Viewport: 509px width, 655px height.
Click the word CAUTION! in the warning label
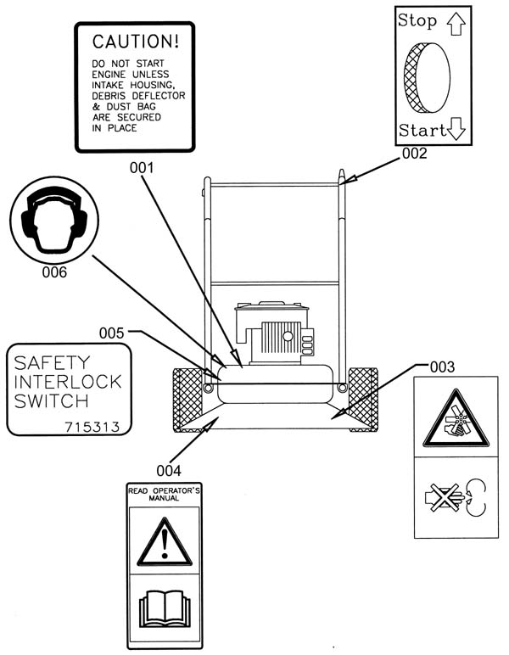pyautogui.click(x=136, y=42)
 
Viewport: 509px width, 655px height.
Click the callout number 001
pyautogui.click(x=142, y=168)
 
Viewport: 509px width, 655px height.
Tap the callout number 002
pyautogui.click(x=415, y=154)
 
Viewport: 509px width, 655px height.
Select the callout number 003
pyautogui.click(x=442, y=367)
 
